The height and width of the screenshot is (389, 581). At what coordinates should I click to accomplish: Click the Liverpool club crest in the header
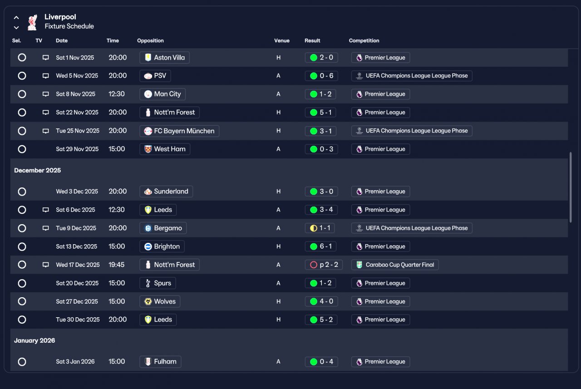tap(32, 22)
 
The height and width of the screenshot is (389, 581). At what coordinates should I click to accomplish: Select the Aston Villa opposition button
tap(164, 58)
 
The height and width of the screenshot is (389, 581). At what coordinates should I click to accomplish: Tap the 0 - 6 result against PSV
tap(321, 76)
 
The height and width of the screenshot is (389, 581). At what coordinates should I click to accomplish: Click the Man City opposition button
tap(162, 94)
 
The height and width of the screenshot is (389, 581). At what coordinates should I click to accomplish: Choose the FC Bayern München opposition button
tap(179, 131)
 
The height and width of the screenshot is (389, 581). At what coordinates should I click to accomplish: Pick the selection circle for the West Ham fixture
tap(22, 149)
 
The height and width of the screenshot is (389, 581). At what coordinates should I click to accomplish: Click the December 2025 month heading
tap(37, 170)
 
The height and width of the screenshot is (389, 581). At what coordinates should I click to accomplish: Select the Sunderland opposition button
tap(166, 192)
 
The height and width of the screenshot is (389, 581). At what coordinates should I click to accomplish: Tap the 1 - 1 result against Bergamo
tap(320, 228)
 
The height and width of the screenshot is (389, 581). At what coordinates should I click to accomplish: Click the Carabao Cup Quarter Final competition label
tap(395, 265)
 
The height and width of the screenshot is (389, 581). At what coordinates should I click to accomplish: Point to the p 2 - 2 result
tap(324, 265)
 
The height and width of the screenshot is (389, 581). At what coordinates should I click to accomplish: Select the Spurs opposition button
tap(158, 283)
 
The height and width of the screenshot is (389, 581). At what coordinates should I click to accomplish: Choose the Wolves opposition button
tap(160, 301)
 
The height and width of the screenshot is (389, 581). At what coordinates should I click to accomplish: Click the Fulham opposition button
tap(160, 362)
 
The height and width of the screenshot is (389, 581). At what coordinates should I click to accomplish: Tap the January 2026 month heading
tap(34, 340)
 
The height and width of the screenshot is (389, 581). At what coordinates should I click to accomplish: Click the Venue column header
tap(281, 40)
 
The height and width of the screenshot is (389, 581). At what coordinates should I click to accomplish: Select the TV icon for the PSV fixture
tap(45, 76)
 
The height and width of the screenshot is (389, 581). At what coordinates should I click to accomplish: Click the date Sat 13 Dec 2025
tap(76, 246)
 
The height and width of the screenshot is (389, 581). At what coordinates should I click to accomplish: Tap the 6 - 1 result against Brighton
tap(321, 246)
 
